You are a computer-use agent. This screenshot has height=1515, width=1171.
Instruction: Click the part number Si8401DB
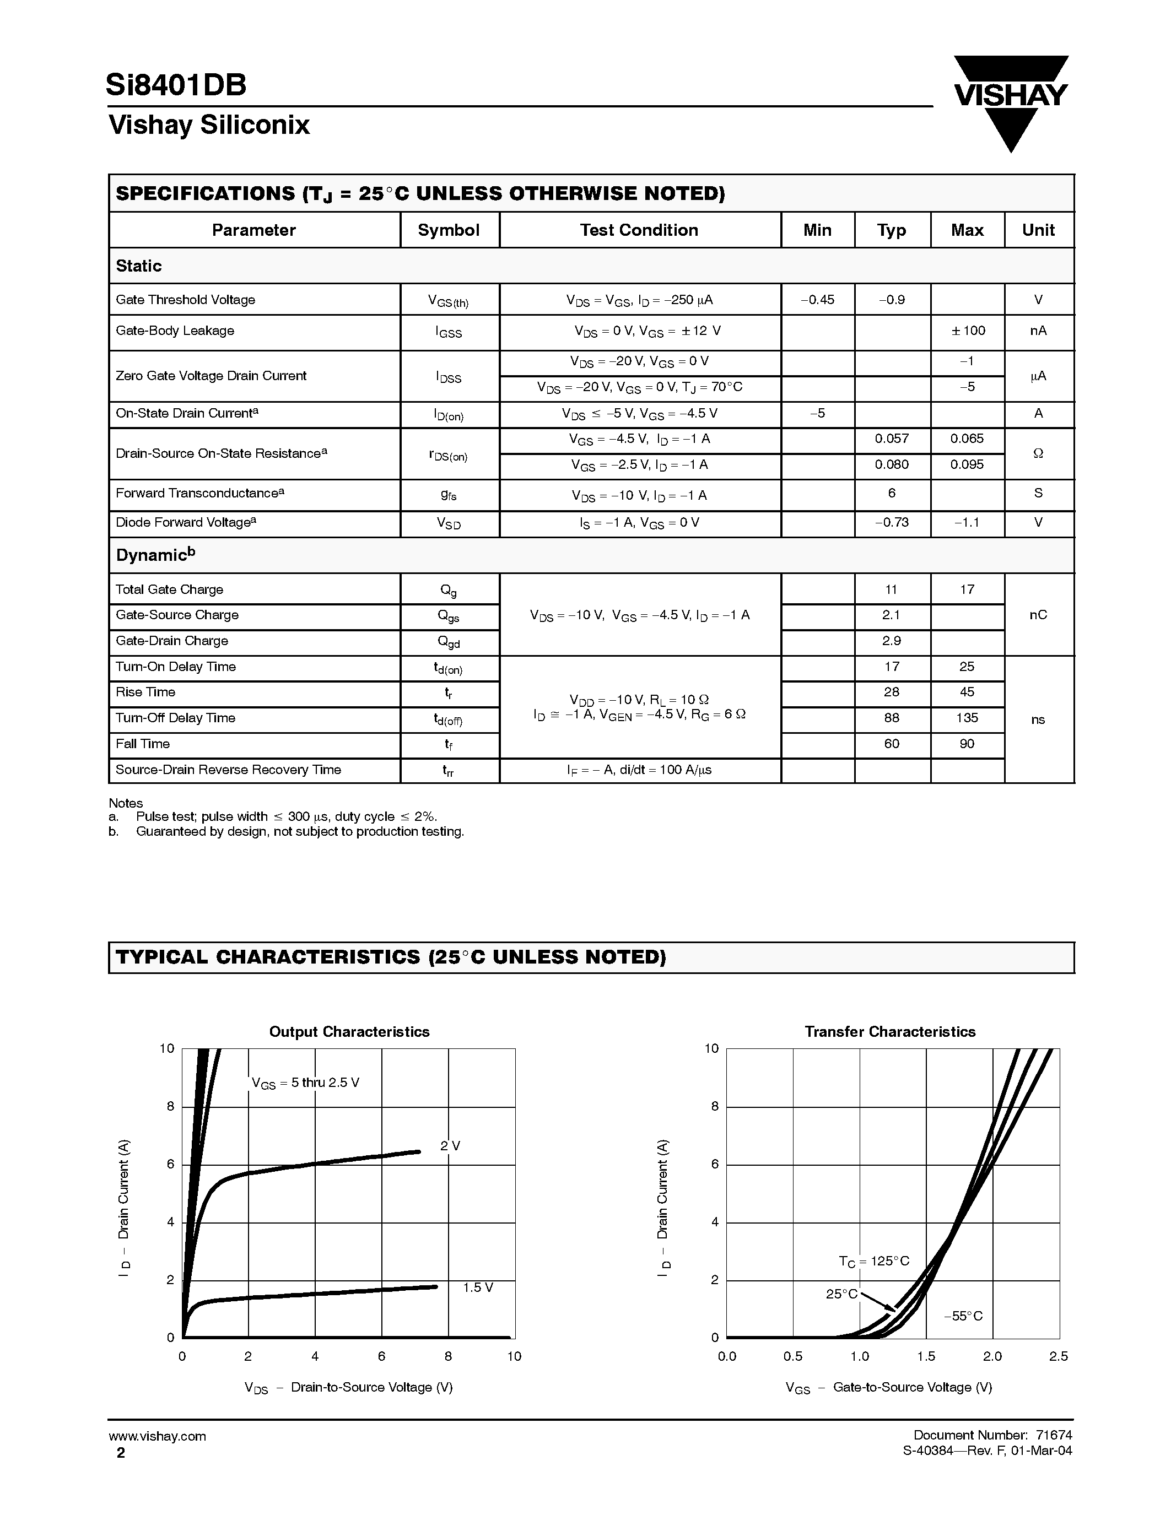pos(176,85)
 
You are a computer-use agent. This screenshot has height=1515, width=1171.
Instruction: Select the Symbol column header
pos(448,230)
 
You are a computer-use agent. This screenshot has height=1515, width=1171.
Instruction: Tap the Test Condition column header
pos(639,230)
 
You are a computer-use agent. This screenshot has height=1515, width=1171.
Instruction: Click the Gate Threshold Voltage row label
pos(185,300)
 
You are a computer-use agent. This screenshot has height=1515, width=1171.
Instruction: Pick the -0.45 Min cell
pos(817,300)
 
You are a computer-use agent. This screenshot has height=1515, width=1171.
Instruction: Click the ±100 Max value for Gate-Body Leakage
pos(968,331)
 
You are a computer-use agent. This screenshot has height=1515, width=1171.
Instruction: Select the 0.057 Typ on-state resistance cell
pos(892,439)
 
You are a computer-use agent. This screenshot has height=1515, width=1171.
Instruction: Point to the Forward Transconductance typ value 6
pos(892,493)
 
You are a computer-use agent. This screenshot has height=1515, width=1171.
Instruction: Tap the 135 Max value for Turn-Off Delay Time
pos(967,718)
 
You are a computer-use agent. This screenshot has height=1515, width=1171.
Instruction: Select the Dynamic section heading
pos(155,555)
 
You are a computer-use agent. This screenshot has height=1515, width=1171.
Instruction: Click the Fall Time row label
pos(142,744)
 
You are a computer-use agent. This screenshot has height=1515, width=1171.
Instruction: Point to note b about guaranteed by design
pos(299,831)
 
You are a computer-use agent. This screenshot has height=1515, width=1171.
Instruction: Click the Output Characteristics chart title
pos(349,1031)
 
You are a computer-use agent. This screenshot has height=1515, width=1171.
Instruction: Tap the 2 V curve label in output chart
pos(450,1146)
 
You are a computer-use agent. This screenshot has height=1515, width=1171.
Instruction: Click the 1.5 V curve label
pos(477,1287)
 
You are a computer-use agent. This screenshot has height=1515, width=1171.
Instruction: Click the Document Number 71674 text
pos(992,1435)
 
